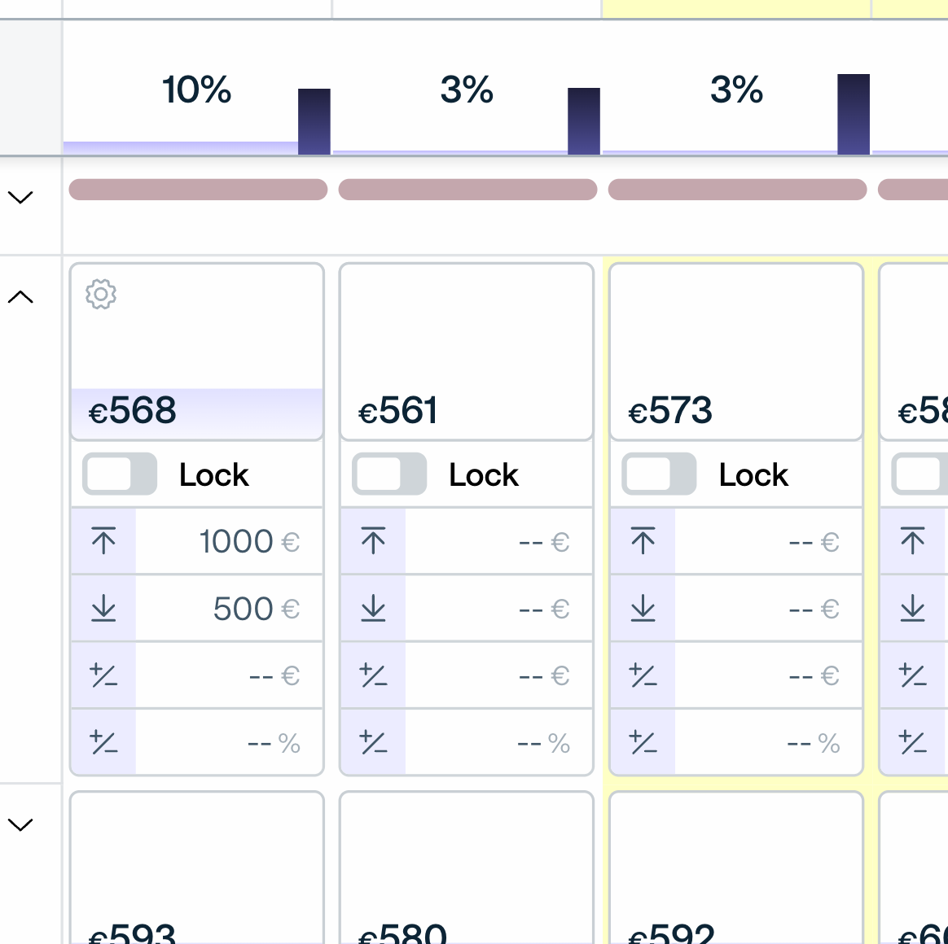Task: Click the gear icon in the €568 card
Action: pyautogui.click(x=101, y=294)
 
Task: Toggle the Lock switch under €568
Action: pyautogui.click(x=119, y=474)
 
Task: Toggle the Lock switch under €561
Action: pyautogui.click(x=388, y=474)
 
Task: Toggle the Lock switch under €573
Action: pyautogui.click(x=658, y=474)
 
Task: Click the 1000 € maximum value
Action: pyautogui.click(x=248, y=541)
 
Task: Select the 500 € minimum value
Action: pyautogui.click(x=256, y=609)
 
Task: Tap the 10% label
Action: pyautogui.click(x=196, y=90)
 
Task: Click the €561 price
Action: pyautogui.click(x=398, y=410)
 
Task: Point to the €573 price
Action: pyautogui.click(x=670, y=410)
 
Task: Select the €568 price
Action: pyautogui.click(x=133, y=410)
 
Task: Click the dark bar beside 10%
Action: pyautogui.click(x=314, y=121)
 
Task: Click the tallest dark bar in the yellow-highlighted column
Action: pyautogui.click(x=853, y=114)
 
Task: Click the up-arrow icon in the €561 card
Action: pyautogui.click(x=373, y=541)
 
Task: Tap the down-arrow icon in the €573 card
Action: pyautogui.click(x=643, y=608)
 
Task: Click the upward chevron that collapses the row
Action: pyautogui.click(x=20, y=297)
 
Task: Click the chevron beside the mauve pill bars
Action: pyautogui.click(x=20, y=197)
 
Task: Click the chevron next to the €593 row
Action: pyautogui.click(x=20, y=824)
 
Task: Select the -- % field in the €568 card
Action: pyautogui.click(x=274, y=743)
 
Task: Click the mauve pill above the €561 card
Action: pyautogui.click(x=467, y=190)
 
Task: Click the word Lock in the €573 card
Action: pyautogui.click(x=753, y=474)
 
